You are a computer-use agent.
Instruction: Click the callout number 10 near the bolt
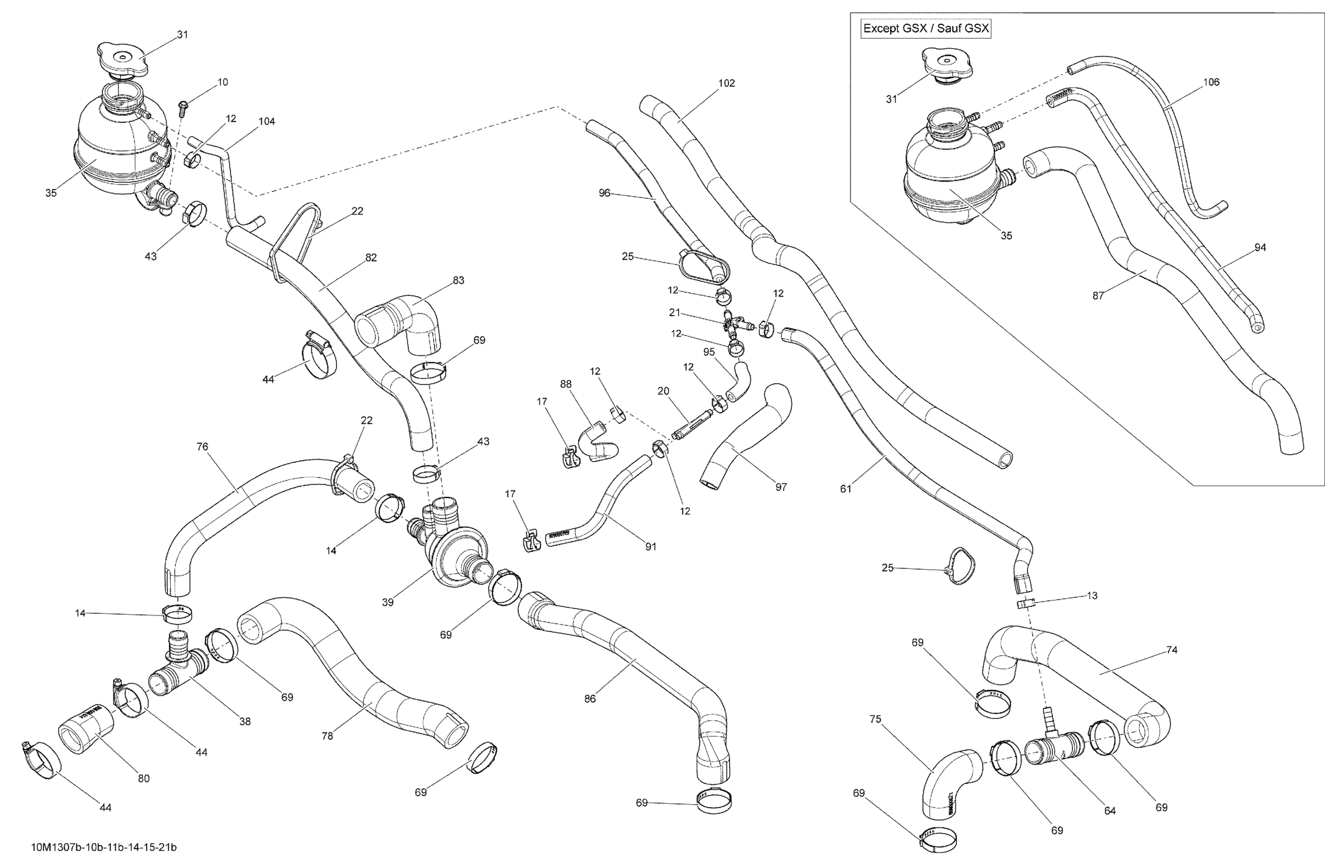coord(222,82)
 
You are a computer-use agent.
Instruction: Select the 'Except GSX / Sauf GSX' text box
coord(926,28)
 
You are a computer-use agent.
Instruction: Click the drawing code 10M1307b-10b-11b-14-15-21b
coord(104,847)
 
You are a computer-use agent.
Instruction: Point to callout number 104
coord(267,121)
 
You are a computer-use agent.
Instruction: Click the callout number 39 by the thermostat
coord(388,602)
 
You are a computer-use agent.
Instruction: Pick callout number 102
coord(726,84)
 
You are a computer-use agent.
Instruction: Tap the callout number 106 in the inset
coord(1211,82)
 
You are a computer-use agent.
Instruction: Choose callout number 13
coord(1092,595)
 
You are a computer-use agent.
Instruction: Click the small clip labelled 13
coord(1026,604)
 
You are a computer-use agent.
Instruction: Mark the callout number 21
coord(675,313)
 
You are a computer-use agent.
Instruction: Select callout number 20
coord(664,391)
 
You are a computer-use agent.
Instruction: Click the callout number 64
coord(1110,811)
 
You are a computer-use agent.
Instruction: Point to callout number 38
coord(245,722)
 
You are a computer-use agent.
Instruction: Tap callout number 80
coord(144,778)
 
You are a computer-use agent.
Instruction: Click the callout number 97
coord(781,487)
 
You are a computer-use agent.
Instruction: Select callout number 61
coord(846,489)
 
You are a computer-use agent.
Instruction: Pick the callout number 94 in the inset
coord(1260,247)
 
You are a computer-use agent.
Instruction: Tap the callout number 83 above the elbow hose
coord(458,280)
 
